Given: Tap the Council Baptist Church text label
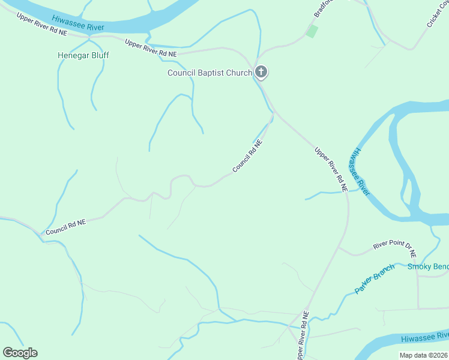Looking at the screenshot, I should (x=209, y=73).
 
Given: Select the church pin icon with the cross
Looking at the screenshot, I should (x=261, y=72).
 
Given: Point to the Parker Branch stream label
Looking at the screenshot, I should (x=375, y=278).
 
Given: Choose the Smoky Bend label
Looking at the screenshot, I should (x=427, y=267).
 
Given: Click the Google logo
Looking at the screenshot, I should (x=20, y=353).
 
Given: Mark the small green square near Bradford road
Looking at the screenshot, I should (x=312, y=31).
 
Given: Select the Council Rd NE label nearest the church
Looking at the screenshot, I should (x=247, y=157).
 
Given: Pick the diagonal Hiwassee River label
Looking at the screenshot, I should (x=360, y=171).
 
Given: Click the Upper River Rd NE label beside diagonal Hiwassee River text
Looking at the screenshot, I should (x=331, y=169).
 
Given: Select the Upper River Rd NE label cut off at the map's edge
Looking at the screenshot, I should (x=302, y=336).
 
